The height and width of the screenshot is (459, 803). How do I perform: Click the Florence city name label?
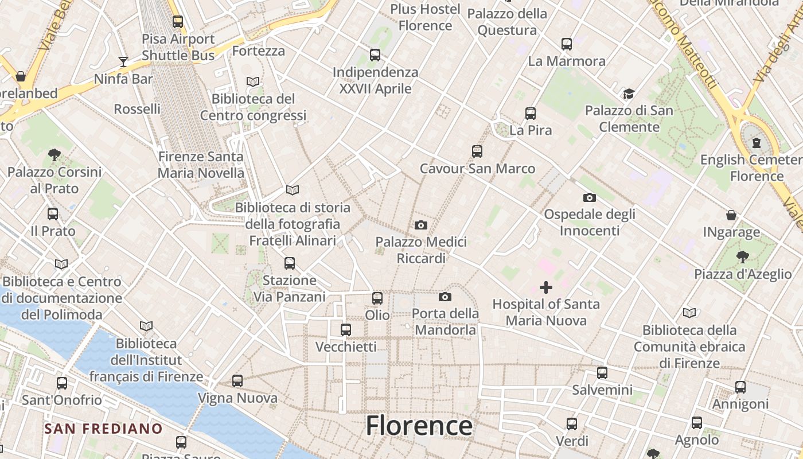click(x=419, y=426)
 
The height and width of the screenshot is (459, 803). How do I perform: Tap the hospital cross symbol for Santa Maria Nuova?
click(x=546, y=287)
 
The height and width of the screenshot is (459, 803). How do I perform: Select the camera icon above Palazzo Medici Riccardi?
click(x=421, y=225)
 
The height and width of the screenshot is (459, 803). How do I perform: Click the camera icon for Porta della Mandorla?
click(x=445, y=297)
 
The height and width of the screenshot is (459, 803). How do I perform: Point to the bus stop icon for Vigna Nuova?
click(x=237, y=380)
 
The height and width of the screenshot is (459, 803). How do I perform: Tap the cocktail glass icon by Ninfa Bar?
click(x=123, y=61)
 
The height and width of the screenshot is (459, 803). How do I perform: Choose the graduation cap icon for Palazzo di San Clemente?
click(x=629, y=93)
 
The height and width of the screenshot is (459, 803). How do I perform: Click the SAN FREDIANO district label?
click(x=104, y=429)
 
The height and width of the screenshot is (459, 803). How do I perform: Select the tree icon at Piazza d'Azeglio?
click(x=743, y=256)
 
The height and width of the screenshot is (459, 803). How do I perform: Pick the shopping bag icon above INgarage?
click(x=731, y=215)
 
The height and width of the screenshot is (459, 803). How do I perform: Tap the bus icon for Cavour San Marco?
click(x=477, y=151)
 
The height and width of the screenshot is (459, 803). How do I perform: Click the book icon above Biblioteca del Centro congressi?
click(x=253, y=81)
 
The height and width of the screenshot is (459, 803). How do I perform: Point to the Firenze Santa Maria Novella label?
click(x=201, y=165)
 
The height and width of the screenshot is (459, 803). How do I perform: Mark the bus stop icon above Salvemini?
click(x=602, y=373)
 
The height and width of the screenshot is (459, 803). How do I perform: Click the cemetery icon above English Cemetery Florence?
click(x=757, y=142)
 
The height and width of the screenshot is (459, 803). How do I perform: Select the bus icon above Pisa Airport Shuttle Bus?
click(x=178, y=22)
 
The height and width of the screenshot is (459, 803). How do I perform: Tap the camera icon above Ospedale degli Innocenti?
click(x=590, y=197)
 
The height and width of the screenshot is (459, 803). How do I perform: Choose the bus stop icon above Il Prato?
click(x=53, y=214)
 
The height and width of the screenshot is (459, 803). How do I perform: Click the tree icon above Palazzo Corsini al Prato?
click(x=54, y=154)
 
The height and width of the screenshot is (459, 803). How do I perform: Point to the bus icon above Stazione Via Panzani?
click(x=290, y=263)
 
